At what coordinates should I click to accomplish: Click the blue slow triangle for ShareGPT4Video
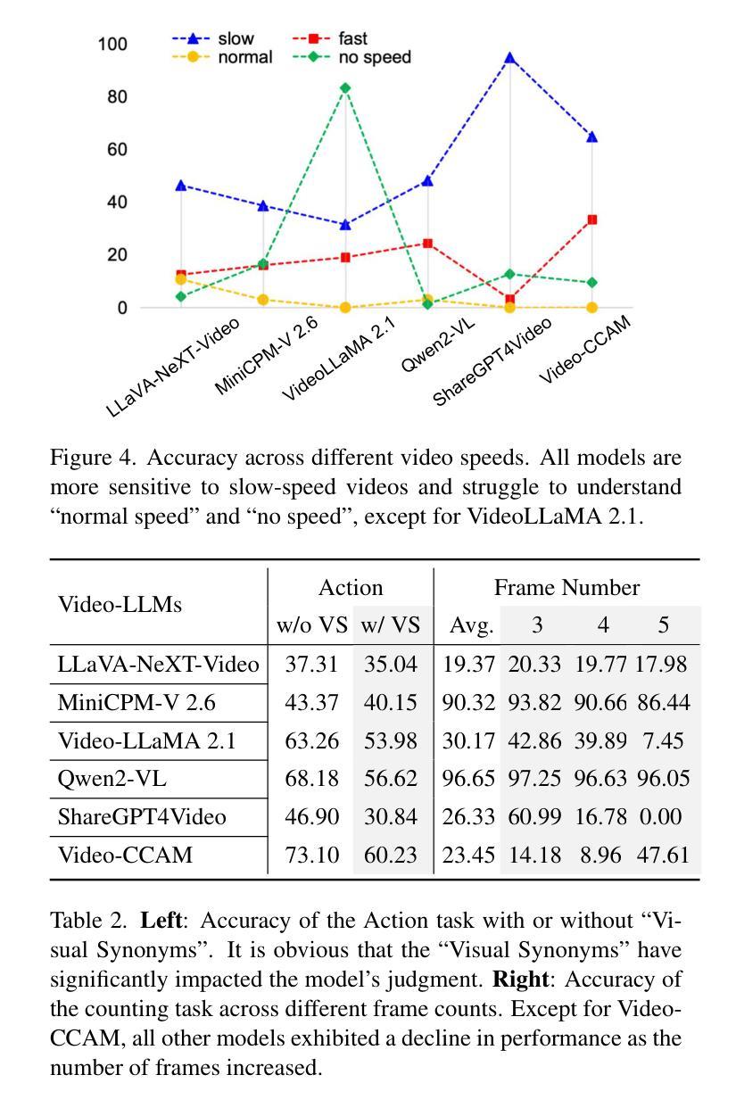(x=509, y=58)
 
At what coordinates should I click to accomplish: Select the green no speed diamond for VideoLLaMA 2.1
(x=345, y=87)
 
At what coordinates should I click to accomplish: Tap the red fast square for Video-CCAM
(x=591, y=219)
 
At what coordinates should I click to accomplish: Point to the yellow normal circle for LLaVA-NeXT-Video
(x=181, y=279)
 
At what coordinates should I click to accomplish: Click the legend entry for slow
(x=213, y=38)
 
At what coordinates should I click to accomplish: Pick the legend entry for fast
(x=331, y=38)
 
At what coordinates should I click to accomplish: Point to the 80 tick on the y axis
(x=117, y=96)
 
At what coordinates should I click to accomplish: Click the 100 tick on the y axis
(x=113, y=44)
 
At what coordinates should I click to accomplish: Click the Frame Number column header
(x=566, y=587)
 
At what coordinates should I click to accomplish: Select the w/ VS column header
(x=390, y=625)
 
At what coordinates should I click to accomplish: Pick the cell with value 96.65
(x=468, y=779)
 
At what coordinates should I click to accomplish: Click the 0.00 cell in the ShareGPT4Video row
(x=663, y=817)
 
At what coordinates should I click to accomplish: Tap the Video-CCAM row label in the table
(x=125, y=856)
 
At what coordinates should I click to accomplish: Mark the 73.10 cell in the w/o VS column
(x=311, y=856)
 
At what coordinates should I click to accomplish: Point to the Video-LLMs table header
(x=120, y=605)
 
